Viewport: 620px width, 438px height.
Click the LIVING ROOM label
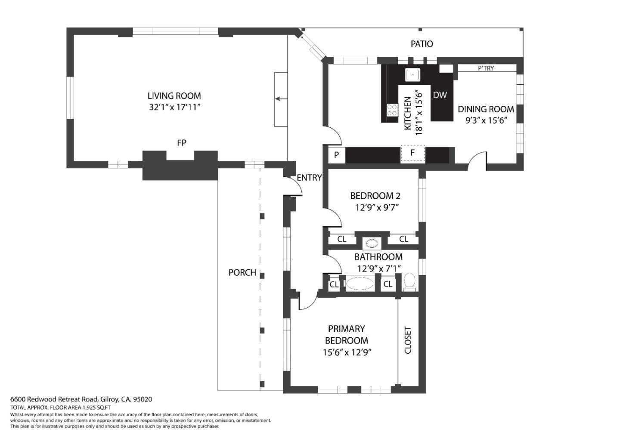[x=174, y=96]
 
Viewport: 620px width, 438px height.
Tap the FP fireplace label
[x=181, y=143]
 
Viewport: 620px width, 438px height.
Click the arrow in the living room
[x=281, y=99]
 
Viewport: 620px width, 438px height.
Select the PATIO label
[x=422, y=44]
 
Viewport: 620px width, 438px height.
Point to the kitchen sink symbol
[x=412, y=75]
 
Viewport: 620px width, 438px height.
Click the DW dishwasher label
[x=440, y=95]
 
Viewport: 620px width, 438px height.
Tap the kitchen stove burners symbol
[x=392, y=110]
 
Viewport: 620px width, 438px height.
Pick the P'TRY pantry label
[x=486, y=68]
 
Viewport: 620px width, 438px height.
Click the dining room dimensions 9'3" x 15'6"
[x=486, y=120]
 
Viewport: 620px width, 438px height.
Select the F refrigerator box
[x=412, y=153]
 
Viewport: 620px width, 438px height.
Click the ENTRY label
[x=309, y=178]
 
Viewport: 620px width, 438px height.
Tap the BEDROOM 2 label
[x=375, y=196]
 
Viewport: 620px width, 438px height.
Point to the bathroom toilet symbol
[x=409, y=282]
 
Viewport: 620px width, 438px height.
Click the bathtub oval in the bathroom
[x=360, y=284]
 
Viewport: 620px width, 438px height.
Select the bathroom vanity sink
[x=372, y=244]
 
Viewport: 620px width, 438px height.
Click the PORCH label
[x=242, y=272]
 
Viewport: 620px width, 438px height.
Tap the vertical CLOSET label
[x=408, y=340]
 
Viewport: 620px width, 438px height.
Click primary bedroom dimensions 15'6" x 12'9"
[x=347, y=352]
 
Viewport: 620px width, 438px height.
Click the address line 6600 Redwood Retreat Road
[x=81, y=399]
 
